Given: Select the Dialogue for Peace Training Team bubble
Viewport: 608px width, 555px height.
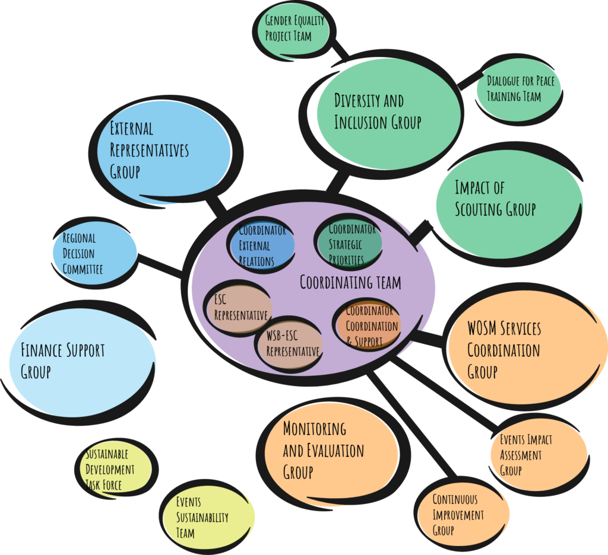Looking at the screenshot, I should click(x=518, y=89).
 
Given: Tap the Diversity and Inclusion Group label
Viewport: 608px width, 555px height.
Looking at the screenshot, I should click(x=377, y=111).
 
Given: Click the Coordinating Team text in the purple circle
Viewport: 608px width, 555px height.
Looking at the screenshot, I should click(x=350, y=283).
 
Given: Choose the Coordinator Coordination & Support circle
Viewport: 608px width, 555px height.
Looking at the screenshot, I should click(x=368, y=326).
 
